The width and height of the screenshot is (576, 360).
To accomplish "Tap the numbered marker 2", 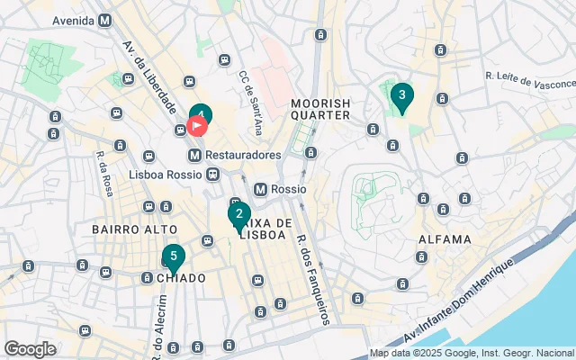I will click(x=238, y=215).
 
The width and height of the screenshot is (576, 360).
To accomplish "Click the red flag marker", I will click(x=198, y=127).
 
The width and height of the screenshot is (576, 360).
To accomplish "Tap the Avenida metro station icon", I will click(x=105, y=20).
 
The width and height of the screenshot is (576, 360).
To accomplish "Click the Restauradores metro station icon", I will click(x=207, y=155).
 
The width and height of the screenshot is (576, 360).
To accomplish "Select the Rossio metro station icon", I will click(x=261, y=190).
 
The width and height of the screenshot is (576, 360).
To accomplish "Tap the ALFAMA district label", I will click(x=445, y=239).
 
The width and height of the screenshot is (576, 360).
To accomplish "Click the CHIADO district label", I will click(x=181, y=278).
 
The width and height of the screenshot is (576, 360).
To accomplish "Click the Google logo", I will click(x=31, y=348).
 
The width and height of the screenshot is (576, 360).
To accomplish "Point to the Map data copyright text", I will click(x=472, y=354).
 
